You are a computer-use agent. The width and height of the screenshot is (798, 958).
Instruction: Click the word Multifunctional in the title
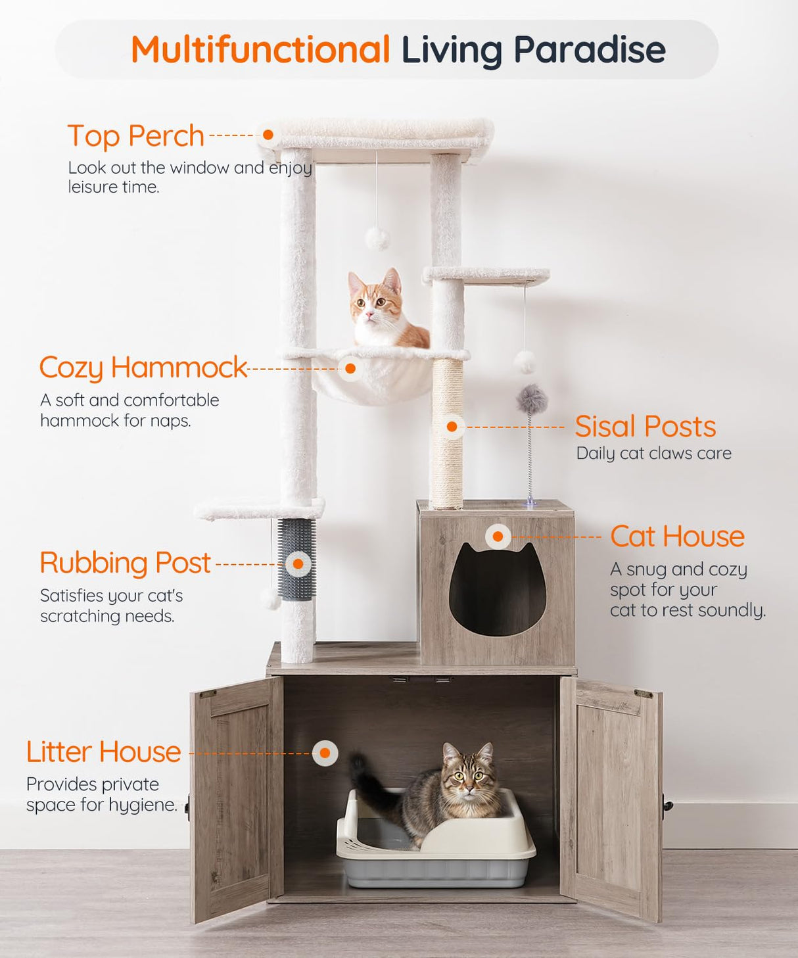tap(260, 50)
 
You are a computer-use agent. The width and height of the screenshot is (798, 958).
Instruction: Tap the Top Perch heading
tap(136, 136)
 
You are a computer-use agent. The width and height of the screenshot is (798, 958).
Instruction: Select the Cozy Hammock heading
tap(143, 368)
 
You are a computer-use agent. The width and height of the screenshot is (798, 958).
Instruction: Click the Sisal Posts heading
tap(645, 427)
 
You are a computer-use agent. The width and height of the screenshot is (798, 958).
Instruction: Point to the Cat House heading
tap(677, 537)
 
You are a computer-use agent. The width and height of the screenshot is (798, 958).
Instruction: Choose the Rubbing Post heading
tap(125, 563)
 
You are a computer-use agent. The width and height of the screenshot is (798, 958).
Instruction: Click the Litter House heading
tap(103, 752)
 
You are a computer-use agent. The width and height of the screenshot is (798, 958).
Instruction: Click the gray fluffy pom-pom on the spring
tap(532, 398)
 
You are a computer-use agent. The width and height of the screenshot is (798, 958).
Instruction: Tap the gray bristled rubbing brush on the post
tap(296, 559)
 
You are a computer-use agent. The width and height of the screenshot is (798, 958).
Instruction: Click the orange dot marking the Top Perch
tap(268, 135)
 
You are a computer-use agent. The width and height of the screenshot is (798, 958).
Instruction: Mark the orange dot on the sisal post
tap(452, 427)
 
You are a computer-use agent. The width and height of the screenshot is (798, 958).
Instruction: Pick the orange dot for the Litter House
tap(325, 753)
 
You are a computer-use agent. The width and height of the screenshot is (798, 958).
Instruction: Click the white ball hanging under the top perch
tap(377, 238)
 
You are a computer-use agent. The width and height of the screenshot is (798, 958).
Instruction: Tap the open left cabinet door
tap(237, 796)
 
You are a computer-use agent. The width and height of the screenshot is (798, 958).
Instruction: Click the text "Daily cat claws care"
tap(653, 454)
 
